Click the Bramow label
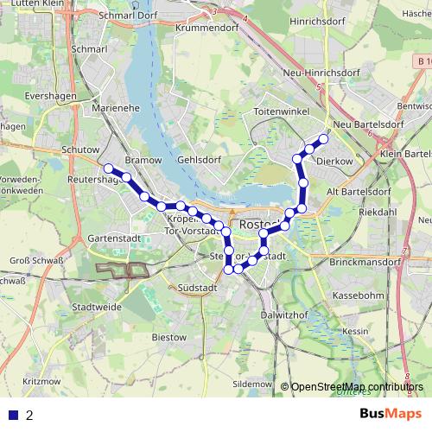(x=137, y=161)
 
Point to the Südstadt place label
(x=196, y=288)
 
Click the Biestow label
(x=168, y=336)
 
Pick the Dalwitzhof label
(x=285, y=316)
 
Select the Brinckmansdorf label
(x=366, y=261)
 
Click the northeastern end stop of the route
(x=324, y=139)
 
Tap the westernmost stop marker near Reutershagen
(x=109, y=168)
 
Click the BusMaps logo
(x=391, y=414)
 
